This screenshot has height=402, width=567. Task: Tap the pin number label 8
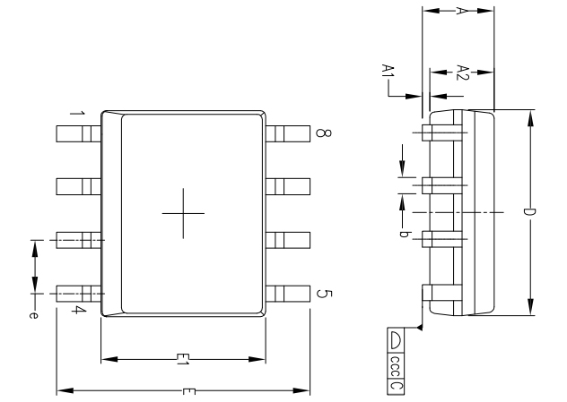pos(320,134)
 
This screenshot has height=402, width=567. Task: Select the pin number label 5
pos(320,295)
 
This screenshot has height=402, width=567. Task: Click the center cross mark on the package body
pos(183,214)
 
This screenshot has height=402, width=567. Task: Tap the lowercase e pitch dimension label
pos(34,314)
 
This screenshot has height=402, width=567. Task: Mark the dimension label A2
pos(462,73)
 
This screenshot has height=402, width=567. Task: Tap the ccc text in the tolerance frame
pos(397,363)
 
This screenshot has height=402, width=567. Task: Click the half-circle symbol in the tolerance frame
pos(397,339)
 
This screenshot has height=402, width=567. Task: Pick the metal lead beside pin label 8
pos(288,133)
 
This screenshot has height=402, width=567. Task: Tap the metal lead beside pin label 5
pos(288,294)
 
